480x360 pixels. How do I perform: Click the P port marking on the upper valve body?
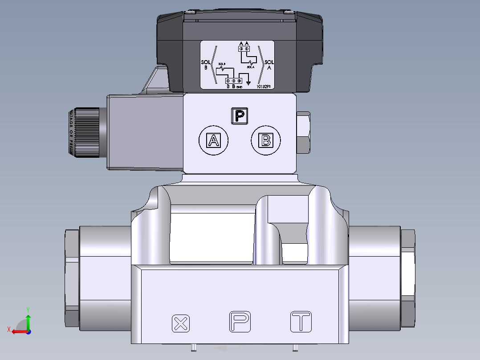click(x=240, y=116)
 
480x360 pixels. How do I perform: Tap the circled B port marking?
click(x=266, y=141)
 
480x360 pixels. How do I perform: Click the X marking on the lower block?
click(x=180, y=323)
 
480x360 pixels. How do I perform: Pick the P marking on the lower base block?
click(x=240, y=322)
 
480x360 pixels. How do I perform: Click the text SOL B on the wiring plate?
click(x=205, y=65)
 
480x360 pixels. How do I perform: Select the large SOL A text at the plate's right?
click(x=269, y=65)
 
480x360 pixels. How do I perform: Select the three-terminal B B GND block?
click(x=233, y=81)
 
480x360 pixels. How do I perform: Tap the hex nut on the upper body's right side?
click(x=303, y=132)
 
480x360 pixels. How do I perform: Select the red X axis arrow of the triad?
click(x=18, y=331)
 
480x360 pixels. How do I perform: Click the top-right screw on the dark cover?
click(x=290, y=14)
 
